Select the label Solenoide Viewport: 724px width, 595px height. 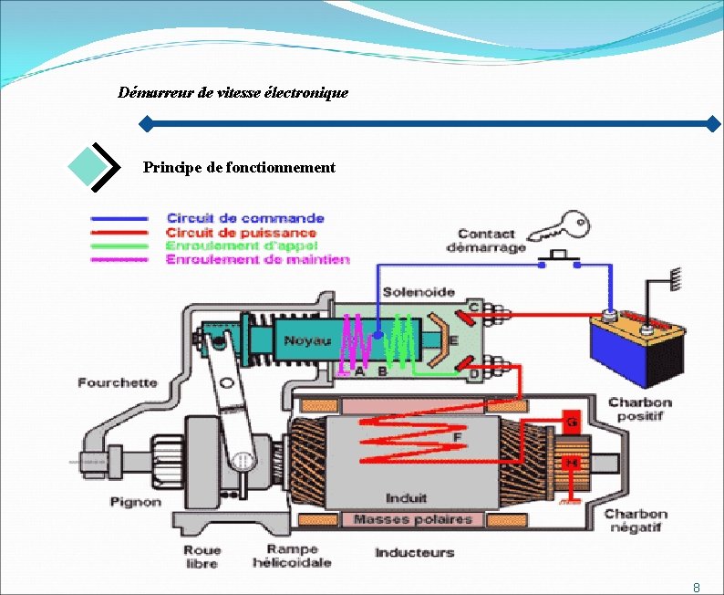[x=419, y=292]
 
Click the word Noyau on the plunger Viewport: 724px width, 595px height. [x=307, y=341]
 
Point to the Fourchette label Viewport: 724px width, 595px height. [x=118, y=383]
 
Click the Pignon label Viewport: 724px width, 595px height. [x=136, y=502]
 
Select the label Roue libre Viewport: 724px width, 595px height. [x=201, y=557]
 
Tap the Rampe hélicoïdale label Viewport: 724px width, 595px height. [x=292, y=556]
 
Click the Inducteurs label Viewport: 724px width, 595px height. [x=414, y=553]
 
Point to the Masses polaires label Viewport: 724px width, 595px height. [x=412, y=519]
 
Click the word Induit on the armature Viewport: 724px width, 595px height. [x=406, y=498]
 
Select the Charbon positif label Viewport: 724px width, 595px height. [x=640, y=409]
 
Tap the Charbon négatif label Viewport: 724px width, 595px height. [x=636, y=521]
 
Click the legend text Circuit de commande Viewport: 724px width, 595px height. [x=245, y=218]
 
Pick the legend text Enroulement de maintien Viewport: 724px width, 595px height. [x=257, y=259]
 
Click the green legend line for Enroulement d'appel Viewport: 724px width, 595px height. [x=119, y=245]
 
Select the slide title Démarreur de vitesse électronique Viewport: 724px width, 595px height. [x=233, y=93]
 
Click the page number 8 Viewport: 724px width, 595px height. [x=697, y=587]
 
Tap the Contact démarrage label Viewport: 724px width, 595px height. [x=486, y=241]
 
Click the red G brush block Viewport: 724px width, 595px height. [x=572, y=423]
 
